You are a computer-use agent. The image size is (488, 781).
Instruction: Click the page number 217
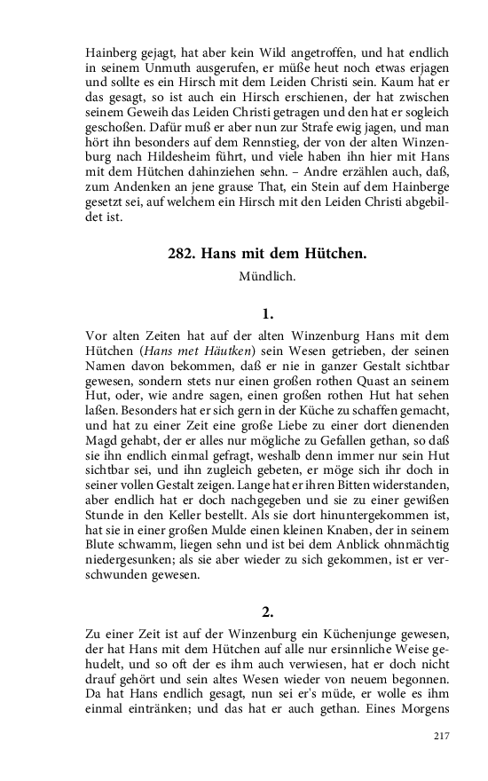click(x=444, y=737)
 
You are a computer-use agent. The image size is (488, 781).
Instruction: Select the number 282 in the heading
click(x=180, y=254)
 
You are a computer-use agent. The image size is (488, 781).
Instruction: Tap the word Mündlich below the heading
click(x=267, y=277)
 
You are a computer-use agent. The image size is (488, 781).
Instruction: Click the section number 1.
click(x=268, y=313)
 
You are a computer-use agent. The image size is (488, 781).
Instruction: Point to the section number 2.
click(x=268, y=611)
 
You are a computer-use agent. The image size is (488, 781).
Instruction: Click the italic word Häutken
click(x=240, y=351)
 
